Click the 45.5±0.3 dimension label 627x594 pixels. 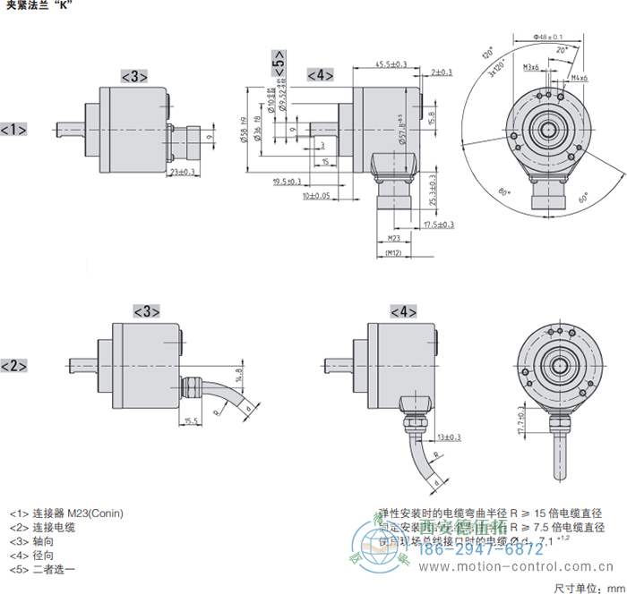(391, 64)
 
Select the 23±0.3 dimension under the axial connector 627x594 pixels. (183, 172)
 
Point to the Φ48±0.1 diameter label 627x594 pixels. (547, 37)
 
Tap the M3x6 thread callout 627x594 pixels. (530, 67)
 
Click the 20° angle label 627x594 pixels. (562, 52)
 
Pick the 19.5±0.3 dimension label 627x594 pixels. (287, 182)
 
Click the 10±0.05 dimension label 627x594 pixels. (315, 195)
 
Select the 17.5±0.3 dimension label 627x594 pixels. (438, 225)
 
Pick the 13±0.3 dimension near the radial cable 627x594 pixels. (448, 437)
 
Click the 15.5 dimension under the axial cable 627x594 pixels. (190, 420)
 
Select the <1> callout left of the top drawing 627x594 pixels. (13, 130)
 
